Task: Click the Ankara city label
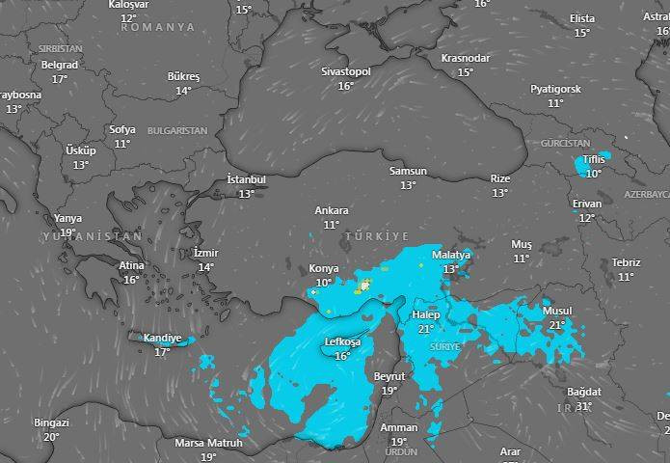(x=331, y=210)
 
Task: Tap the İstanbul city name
(x=246, y=179)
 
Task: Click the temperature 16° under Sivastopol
(x=345, y=86)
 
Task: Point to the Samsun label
(x=407, y=171)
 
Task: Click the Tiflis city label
(x=593, y=159)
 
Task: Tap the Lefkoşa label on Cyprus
(x=340, y=342)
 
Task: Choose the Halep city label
(x=425, y=315)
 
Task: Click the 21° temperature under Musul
(x=556, y=325)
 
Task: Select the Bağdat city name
(x=583, y=392)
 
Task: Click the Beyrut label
(x=389, y=376)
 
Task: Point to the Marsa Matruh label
(x=208, y=444)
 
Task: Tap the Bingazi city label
(x=51, y=422)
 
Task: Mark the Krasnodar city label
(x=465, y=58)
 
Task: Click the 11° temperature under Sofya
(x=121, y=144)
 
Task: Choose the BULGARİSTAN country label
(x=177, y=129)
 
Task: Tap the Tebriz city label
(x=625, y=262)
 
